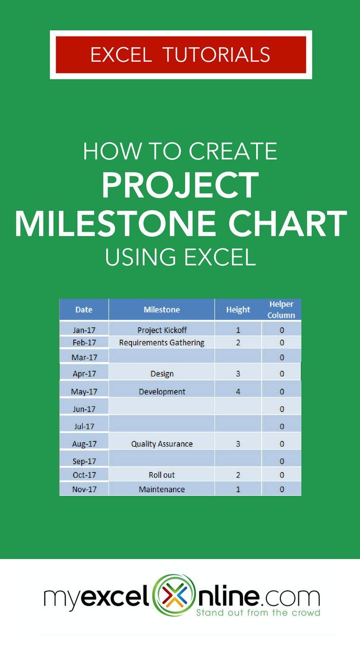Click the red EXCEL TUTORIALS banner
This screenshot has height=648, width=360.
(181, 55)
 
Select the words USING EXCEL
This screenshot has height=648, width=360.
(180, 257)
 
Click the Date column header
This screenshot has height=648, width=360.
(84, 310)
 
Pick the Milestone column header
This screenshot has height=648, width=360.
(161, 310)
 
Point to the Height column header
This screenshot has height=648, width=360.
(238, 310)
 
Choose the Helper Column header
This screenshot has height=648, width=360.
(281, 310)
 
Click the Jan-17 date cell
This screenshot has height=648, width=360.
(84, 330)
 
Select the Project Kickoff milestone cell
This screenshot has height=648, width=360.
(161, 330)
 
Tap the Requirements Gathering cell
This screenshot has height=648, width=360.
(161, 343)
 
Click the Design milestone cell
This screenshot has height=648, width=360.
(161, 374)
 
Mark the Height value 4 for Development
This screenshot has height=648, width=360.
(238, 391)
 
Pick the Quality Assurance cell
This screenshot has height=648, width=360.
(161, 444)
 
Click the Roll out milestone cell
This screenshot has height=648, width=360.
(161, 475)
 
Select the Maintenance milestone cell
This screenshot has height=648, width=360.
(161, 489)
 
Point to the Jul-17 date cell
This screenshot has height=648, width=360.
(84, 426)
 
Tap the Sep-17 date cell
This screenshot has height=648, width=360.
(84, 461)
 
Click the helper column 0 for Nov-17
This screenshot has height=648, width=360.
(282, 489)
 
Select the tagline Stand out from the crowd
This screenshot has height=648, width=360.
(258, 613)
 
